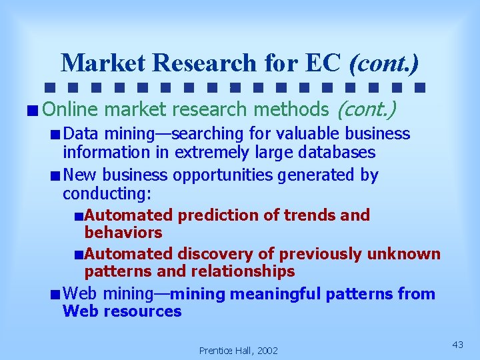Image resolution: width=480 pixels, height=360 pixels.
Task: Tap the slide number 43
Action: coord(457,345)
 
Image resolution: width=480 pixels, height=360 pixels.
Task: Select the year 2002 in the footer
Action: coord(266,351)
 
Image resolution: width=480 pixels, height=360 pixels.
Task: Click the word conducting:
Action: coord(107,193)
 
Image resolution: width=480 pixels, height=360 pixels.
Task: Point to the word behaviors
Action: coord(123,233)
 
